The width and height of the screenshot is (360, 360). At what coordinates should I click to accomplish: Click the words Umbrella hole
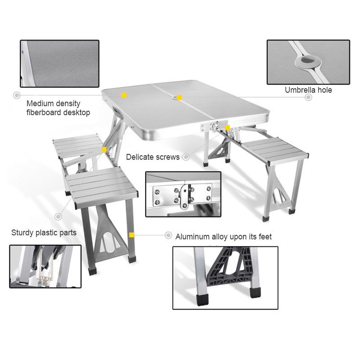[308, 90]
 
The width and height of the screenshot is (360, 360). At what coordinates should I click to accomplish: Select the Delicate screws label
[153, 157]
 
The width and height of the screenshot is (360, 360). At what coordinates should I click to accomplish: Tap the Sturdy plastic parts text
[44, 233]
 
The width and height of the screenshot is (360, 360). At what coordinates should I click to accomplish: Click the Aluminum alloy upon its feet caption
[223, 237]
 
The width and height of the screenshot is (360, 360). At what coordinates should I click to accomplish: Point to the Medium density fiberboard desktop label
[58, 108]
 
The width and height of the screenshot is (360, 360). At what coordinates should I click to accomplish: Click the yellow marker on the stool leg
[131, 234]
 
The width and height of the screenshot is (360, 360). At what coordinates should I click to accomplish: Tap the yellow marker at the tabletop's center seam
[179, 97]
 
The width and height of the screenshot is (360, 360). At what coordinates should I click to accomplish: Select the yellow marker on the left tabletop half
[124, 95]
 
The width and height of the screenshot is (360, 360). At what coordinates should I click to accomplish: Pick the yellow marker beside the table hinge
[227, 128]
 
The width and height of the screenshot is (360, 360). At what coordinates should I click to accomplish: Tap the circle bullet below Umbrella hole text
[309, 97]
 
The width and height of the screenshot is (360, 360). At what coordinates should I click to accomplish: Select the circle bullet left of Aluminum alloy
[168, 235]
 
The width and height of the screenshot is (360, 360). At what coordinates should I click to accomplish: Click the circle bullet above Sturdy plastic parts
[58, 216]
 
